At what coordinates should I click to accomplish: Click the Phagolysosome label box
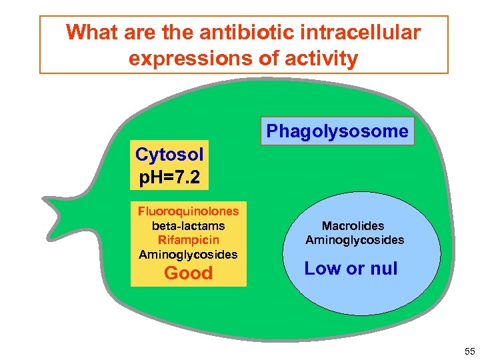pyautogui.click(x=337, y=131)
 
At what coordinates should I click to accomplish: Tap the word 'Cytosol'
pyautogui.click(x=169, y=155)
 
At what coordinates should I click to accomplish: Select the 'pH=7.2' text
pyautogui.click(x=169, y=179)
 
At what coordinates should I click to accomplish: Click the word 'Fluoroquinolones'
pyautogui.click(x=188, y=211)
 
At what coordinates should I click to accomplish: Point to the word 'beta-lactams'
pyautogui.click(x=188, y=225)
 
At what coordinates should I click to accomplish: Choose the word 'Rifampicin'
pyautogui.click(x=188, y=239)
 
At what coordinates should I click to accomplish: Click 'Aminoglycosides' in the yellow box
pyautogui.click(x=188, y=254)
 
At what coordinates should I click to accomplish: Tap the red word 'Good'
pyautogui.click(x=188, y=273)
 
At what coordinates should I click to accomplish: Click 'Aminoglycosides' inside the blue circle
pyautogui.click(x=355, y=239)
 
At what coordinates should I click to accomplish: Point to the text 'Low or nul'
pyautogui.click(x=351, y=269)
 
